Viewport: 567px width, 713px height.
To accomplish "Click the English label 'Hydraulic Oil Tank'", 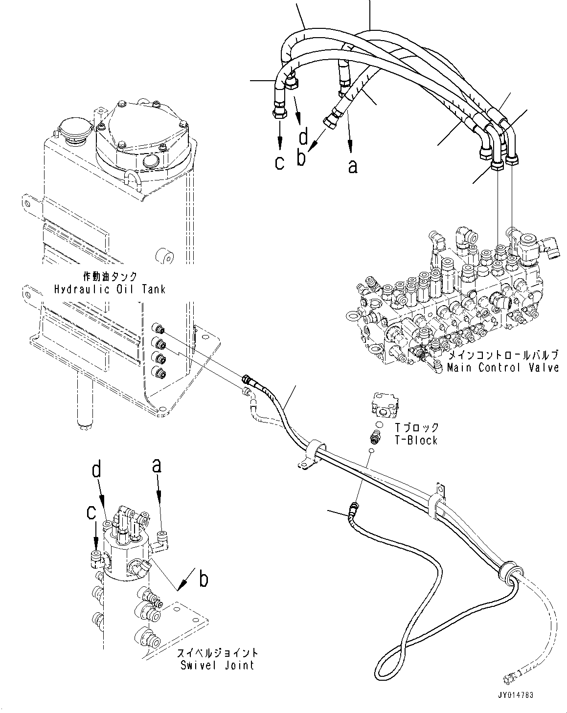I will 110,289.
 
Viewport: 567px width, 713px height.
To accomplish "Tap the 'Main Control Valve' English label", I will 502,367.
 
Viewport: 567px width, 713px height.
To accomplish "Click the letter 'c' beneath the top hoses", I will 279,162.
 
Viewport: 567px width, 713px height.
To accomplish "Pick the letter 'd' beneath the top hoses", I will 304,137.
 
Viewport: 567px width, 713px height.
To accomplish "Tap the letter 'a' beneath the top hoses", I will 352,167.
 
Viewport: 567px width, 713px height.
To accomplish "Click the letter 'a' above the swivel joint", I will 156,466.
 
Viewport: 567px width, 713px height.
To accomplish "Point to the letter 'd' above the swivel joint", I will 97,470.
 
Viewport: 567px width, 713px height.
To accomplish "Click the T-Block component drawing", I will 386,402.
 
